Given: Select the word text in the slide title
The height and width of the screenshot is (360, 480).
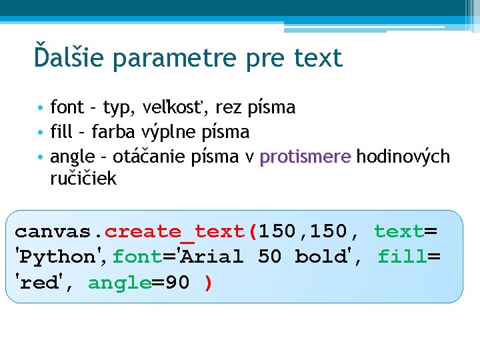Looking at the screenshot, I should coord(317,59).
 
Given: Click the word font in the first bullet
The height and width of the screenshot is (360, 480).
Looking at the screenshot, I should coord(67,107).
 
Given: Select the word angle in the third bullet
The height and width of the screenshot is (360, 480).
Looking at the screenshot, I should coord(73,157).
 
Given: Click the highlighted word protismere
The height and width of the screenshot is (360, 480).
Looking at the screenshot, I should coord(305,157).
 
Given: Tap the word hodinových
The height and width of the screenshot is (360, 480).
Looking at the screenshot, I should coord(403,157).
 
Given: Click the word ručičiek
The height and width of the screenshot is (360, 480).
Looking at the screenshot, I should coord(83,179).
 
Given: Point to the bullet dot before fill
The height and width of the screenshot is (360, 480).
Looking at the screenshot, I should coord(41,132).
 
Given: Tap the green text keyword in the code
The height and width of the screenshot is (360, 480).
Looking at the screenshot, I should coord(399,231).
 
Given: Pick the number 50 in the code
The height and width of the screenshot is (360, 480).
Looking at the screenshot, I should coord(269,257).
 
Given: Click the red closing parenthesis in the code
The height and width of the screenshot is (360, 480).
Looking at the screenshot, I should coord(209,283).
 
